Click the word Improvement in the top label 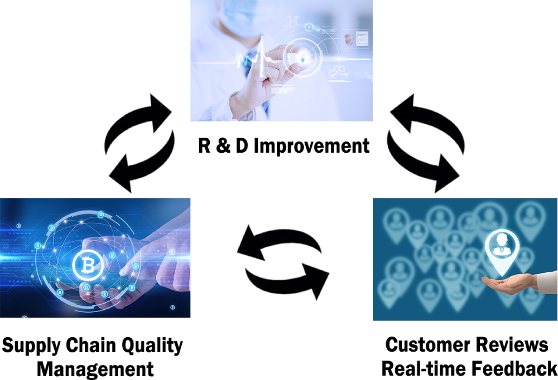[311, 146]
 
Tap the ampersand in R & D [223, 146]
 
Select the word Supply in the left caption [31, 346]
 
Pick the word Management [95, 369]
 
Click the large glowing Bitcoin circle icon [88, 265]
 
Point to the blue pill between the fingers [302, 59]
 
